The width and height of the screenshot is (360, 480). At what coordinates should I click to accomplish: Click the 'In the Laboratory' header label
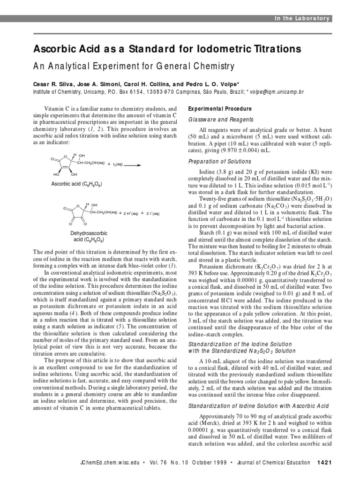pyautogui.click(x=302, y=18)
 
